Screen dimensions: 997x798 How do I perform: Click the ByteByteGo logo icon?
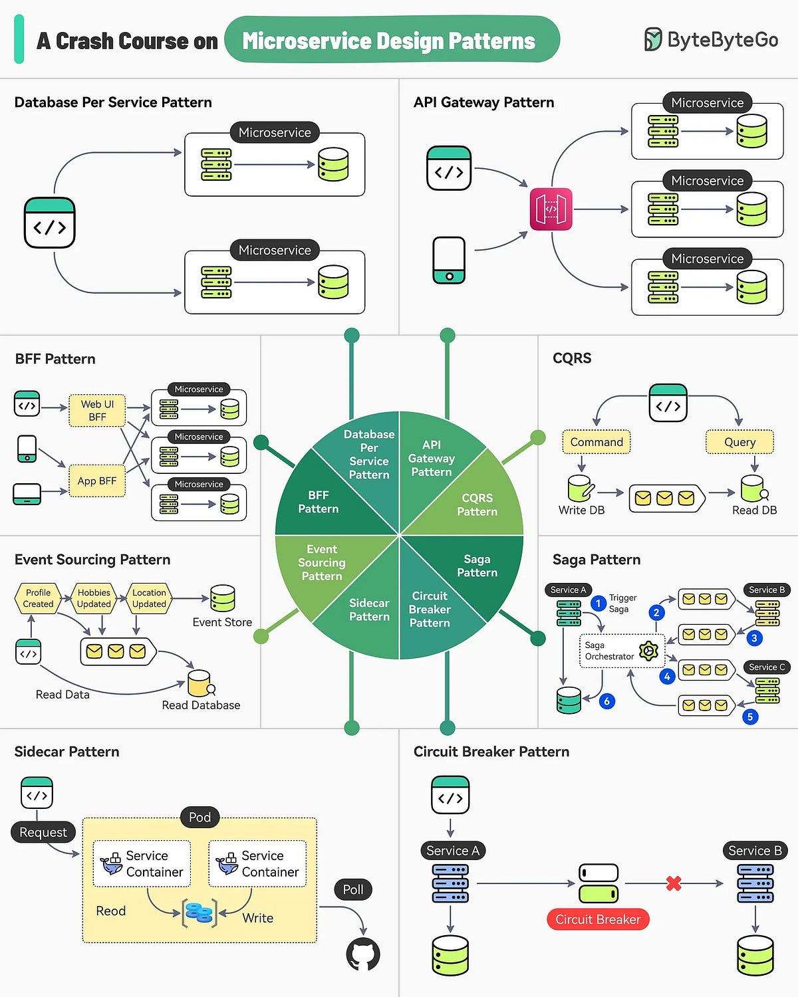tap(653, 40)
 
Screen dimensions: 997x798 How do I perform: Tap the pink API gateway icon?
tap(551, 209)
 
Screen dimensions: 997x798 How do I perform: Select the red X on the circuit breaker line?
tap(674, 883)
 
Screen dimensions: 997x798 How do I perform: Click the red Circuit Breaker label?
tap(597, 919)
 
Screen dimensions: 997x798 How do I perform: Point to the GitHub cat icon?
tap(363, 954)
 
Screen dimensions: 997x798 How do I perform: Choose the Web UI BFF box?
tap(97, 411)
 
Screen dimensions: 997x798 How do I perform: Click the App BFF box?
tap(97, 481)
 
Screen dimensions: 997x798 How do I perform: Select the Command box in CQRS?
tap(597, 442)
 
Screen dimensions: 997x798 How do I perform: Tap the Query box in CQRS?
tap(739, 442)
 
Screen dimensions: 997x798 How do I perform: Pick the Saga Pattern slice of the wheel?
tap(477, 566)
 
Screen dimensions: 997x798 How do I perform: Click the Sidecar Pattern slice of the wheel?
tap(369, 609)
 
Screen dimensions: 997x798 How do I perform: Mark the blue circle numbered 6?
tap(606, 701)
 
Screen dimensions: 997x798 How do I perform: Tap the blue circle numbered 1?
tap(598, 604)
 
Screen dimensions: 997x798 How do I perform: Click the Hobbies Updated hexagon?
tap(94, 598)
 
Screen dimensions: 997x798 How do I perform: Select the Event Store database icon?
tap(222, 598)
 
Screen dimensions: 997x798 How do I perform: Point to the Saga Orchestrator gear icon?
tap(648, 651)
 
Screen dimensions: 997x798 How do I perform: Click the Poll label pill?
tap(353, 889)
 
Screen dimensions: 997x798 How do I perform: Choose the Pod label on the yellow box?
tap(199, 817)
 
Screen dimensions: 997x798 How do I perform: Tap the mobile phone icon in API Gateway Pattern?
tap(449, 260)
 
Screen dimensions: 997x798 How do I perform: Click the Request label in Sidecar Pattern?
tap(43, 832)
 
